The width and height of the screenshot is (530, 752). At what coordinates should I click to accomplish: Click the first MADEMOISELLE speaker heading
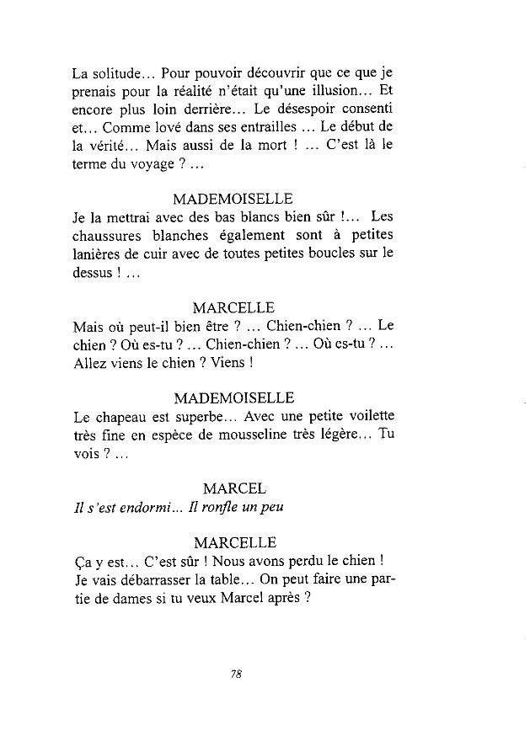[233, 200]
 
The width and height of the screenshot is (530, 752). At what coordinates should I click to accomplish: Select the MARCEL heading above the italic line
[234, 488]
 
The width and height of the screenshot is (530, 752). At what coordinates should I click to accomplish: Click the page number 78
[235, 673]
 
